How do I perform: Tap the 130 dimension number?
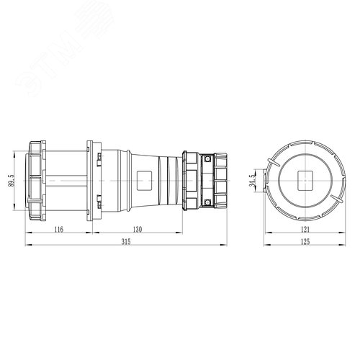pos(138,229)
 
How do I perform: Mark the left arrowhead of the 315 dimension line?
pos(28,247)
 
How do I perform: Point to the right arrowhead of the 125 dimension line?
pos(341,247)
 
